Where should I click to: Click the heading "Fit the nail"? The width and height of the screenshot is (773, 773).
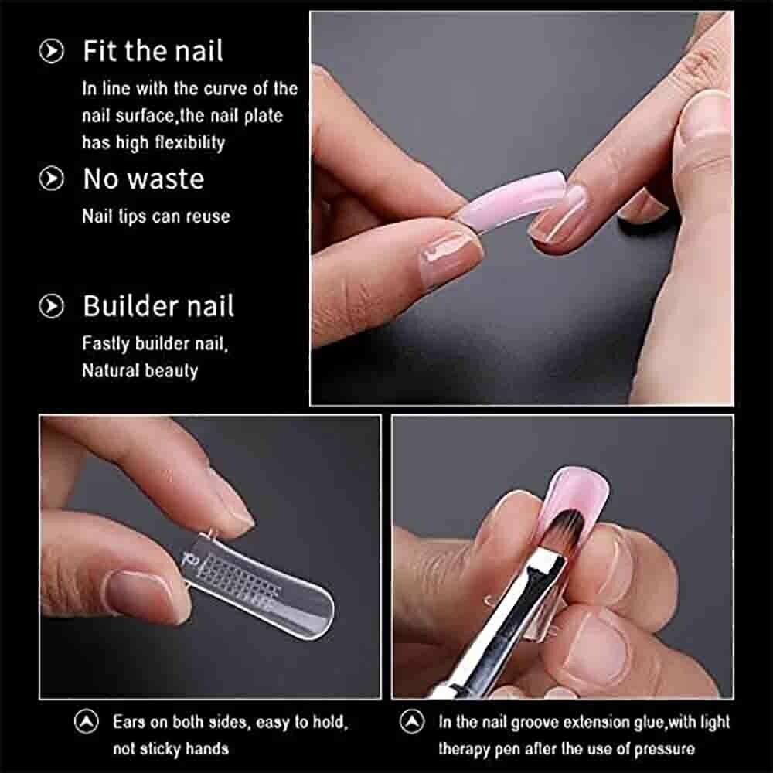pos(153,51)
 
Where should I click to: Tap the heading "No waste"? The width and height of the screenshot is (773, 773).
pos(144,179)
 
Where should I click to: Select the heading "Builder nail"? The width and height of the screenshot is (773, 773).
pos(158,305)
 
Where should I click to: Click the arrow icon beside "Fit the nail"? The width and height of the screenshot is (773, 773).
pos(51,51)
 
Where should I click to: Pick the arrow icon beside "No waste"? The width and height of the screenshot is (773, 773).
pos(51,179)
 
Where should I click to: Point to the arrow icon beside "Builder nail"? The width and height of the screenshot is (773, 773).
pos(51,306)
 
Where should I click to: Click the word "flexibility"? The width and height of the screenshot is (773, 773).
pos(190,142)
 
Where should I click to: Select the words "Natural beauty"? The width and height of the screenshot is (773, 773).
pos(140,371)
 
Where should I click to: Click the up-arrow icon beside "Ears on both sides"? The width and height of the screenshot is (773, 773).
pos(87,722)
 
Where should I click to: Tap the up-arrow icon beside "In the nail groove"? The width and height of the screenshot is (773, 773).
pos(412,722)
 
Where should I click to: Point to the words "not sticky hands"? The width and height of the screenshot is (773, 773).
pos(171,749)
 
